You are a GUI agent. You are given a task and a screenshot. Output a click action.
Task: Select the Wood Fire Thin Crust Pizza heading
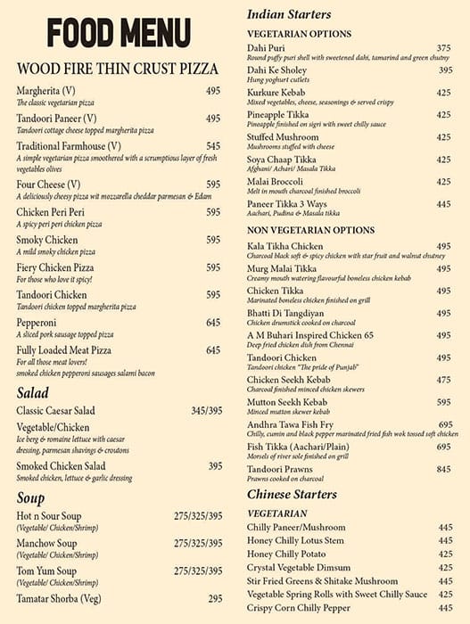coord(118,69)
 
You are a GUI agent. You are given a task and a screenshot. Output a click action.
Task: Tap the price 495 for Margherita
coord(213,91)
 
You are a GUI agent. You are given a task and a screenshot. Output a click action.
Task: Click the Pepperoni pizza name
coord(40,323)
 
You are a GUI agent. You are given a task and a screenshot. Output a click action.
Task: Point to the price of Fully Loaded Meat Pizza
coord(213,350)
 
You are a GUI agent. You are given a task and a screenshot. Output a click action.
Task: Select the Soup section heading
coord(31,499)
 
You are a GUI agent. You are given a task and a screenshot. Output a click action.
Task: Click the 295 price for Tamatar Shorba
coord(215,599)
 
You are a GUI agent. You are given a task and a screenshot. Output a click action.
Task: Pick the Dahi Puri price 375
coord(443,47)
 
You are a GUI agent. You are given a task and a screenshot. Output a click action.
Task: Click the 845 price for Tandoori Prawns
coord(443,469)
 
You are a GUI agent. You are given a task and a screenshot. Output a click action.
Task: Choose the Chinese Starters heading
coord(292,494)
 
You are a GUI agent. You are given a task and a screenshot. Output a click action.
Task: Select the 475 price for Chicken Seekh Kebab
coord(443,380)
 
